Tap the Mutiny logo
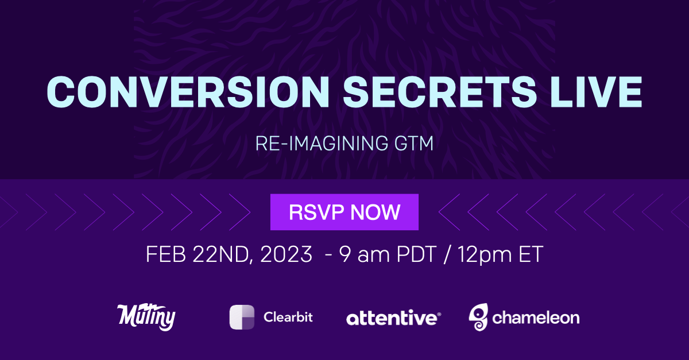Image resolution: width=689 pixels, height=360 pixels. coord(146,316)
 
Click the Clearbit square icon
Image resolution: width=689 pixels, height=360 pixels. coord(242,317)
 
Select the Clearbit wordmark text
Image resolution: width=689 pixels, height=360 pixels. coord(288,316)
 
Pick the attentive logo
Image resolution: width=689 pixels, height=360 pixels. coord(393,318)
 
